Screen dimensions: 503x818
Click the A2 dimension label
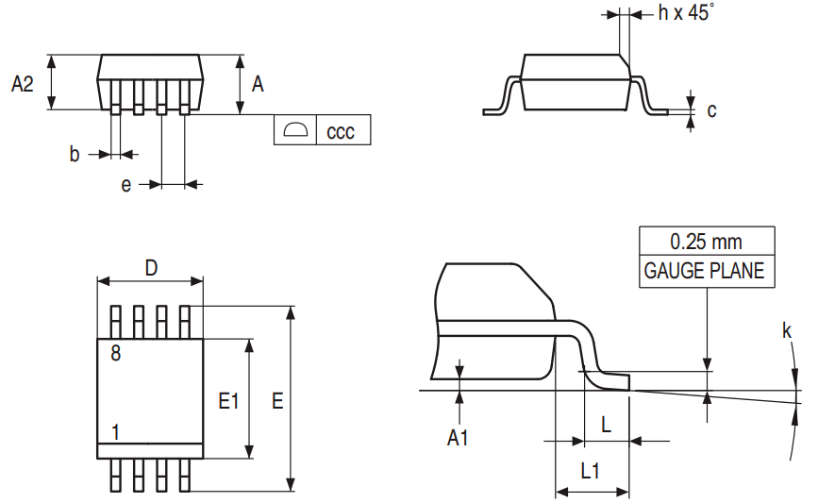pyautogui.click(x=23, y=84)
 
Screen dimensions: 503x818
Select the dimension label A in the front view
pyautogui.click(x=258, y=84)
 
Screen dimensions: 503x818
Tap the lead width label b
pyautogui.click(x=75, y=155)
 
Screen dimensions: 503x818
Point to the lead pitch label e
pyautogui.click(x=125, y=185)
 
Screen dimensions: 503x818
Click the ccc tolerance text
pyautogui.click(x=341, y=131)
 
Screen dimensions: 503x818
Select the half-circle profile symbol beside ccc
pyautogui.click(x=295, y=130)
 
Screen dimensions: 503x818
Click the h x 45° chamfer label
pyautogui.click(x=686, y=13)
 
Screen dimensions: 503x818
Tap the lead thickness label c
pyautogui.click(x=711, y=110)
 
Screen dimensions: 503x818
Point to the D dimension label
pyautogui.click(x=151, y=268)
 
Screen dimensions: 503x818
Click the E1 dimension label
pyautogui.click(x=227, y=401)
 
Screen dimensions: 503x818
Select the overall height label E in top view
pyautogui.click(x=277, y=401)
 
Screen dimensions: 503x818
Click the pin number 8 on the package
pyautogui.click(x=115, y=354)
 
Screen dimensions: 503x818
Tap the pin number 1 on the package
pyautogui.click(x=115, y=432)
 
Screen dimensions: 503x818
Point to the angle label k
pyautogui.click(x=786, y=330)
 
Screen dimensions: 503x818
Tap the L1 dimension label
pyautogui.click(x=591, y=471)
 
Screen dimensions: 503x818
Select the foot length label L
pyautogui.click(x=606, y=425)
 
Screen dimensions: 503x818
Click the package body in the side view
pyautogui.click(x=576, y=82)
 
